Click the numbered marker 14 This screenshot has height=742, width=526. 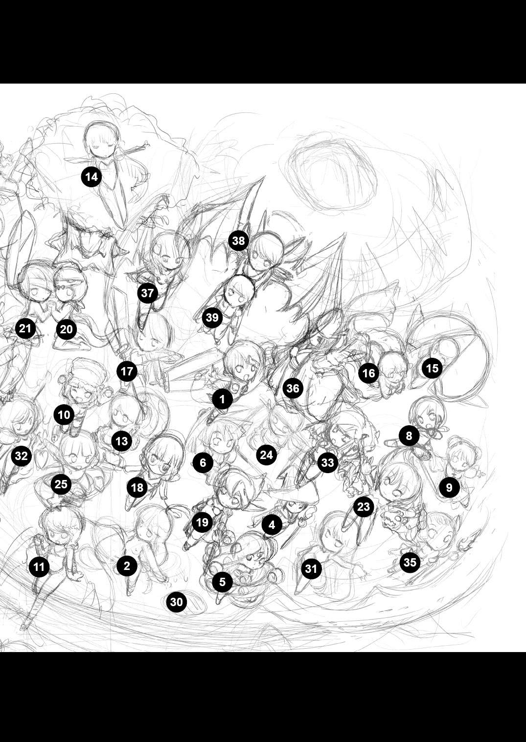pos(91,177)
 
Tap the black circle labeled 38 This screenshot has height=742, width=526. pos(238,240)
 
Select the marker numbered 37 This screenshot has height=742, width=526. pos(148,293)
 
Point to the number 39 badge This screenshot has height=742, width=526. pos(212,317)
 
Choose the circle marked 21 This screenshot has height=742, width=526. pos(25,328)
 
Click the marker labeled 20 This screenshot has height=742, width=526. pos(67,329)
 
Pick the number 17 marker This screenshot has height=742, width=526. pos(127,371)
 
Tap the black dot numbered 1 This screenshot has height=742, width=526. pos(222,399)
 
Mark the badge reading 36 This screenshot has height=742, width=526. pos(293,388)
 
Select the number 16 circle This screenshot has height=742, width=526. pos(369,373)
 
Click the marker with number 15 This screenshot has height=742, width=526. pos(432,368)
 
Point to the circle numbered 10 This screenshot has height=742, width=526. pos(64,415)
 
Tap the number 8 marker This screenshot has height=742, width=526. pos(409,436)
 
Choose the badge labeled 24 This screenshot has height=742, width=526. pos(266,455)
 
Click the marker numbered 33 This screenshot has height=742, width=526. pos(328,462)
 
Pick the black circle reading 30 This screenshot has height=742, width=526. pos(177,602)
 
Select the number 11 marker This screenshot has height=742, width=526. pos(39,567)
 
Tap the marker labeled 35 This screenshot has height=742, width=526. pos(410,562)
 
